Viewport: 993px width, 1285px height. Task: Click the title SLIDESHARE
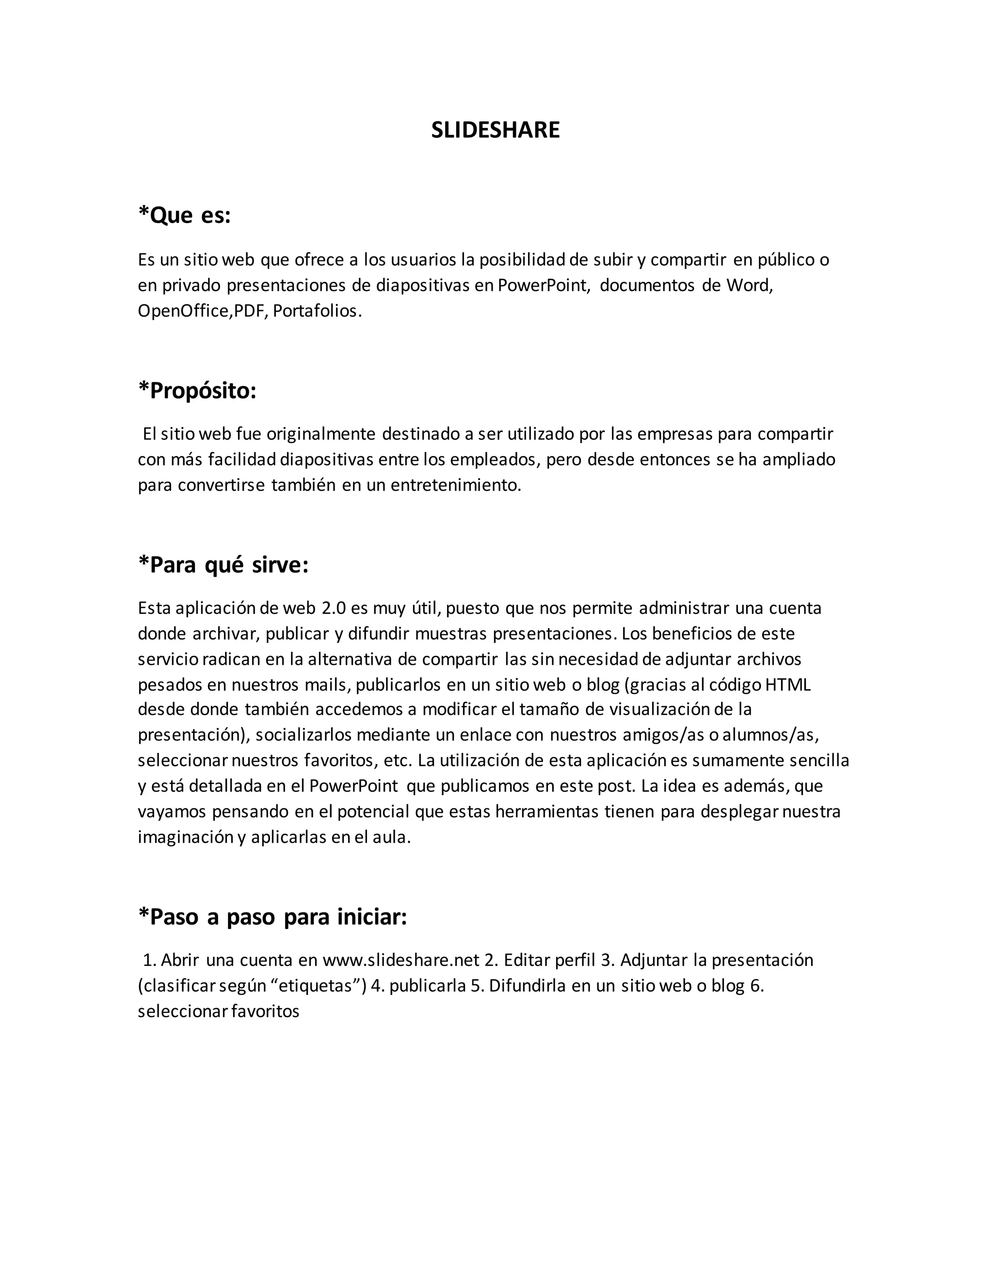[x=496, y=130]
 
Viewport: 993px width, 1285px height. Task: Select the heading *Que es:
[x=184, y=215]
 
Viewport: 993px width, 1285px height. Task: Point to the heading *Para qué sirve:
[x=223, y=565]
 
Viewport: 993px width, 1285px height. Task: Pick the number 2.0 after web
[x=334, y=608]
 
